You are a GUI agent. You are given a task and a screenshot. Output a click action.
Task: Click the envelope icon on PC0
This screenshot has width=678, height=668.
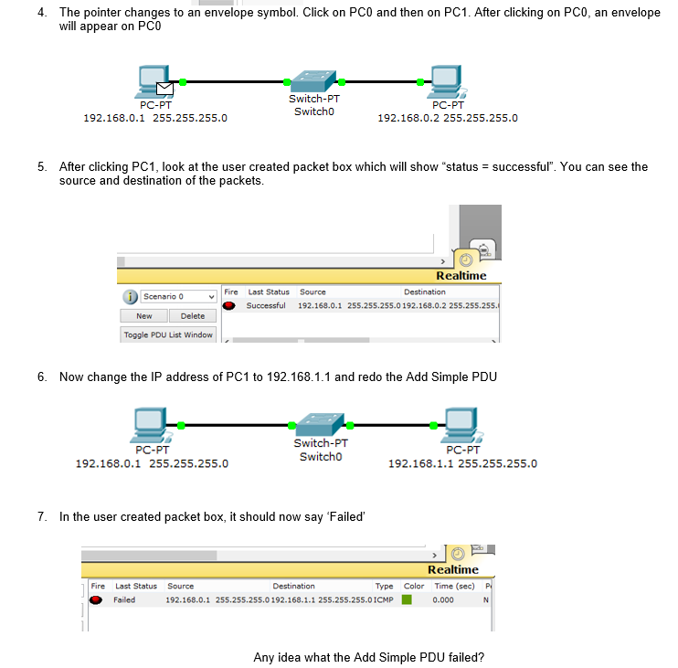[164, 88]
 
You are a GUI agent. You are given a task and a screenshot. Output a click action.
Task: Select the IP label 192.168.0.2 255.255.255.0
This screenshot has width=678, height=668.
[448, 118]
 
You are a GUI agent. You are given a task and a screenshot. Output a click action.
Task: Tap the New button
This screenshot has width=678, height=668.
[144, 316]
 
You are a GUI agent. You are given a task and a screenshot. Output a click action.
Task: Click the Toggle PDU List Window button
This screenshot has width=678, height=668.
[168, 335]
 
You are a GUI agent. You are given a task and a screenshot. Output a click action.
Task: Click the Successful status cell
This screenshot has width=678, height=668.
[266, 305]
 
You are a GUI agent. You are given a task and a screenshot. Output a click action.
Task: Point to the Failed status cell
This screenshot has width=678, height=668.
[124, 600]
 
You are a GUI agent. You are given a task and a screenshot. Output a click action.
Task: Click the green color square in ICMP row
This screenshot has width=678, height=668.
[408, 600]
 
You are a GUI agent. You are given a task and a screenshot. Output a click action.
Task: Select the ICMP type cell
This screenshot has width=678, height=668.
[385, 600]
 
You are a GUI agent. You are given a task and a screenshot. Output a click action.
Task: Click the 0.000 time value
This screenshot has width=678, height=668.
[443, 600]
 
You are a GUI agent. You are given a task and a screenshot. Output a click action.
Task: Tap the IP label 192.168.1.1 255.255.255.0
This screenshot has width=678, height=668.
[462, 463]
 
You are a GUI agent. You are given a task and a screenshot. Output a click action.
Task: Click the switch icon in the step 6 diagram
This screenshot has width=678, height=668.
[319, 424]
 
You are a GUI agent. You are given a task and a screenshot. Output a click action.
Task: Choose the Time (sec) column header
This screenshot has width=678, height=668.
[454, 586]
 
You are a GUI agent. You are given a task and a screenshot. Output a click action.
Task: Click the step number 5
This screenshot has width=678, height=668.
[42, 167]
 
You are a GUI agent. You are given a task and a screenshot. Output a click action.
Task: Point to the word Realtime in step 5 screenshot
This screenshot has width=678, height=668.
[461, 276]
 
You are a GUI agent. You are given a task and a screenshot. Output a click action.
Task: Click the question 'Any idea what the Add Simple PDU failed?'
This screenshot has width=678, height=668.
[368, 657]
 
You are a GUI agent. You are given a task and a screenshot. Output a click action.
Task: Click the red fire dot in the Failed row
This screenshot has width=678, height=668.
[96, 600]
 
